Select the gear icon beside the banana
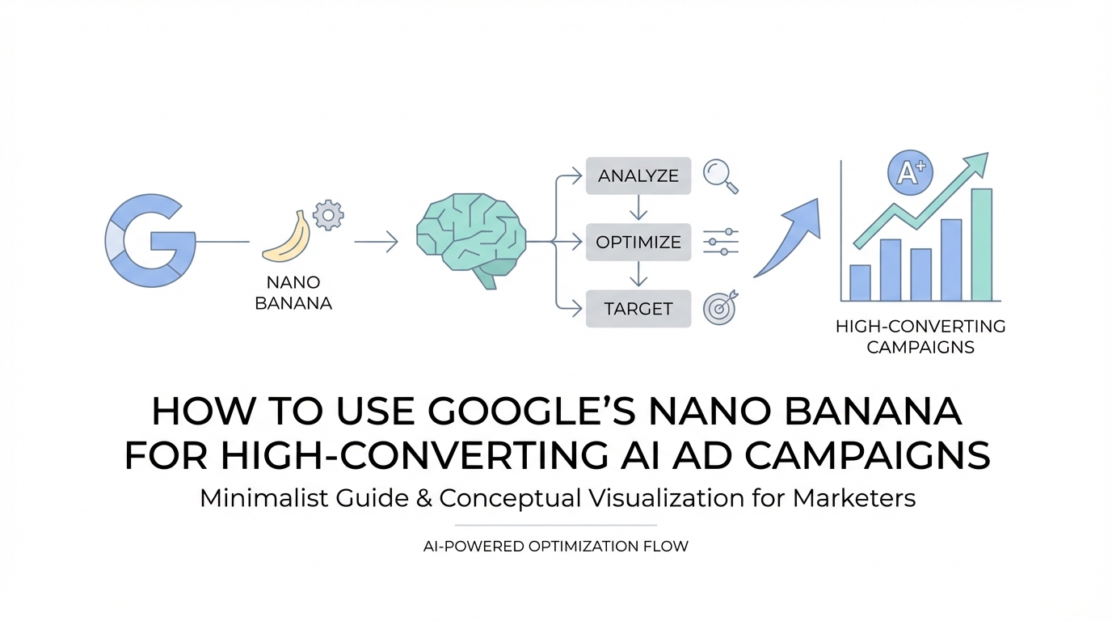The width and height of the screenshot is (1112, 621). pos(328,215)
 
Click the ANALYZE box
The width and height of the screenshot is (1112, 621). pos(638,175)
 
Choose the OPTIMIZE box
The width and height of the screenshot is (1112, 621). pos(638,242)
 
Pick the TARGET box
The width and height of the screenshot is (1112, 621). pos(638,309)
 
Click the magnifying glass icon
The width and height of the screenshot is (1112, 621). pos(720,175)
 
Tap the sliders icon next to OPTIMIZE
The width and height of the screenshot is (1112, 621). pos(721,242)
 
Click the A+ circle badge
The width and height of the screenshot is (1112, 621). pos(910,173)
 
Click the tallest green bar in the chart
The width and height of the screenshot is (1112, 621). pos(981,244)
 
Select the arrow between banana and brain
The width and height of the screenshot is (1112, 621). pos(376,242)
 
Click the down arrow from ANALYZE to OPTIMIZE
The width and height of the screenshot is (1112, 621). pos(638,207)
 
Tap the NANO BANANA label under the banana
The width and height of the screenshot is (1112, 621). pos(293,293)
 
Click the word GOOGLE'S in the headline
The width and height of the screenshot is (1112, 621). pos(531,412)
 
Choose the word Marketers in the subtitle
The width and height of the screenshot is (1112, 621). pos(854,498)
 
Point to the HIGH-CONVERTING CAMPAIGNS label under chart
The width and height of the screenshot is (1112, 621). pos(920,337)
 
